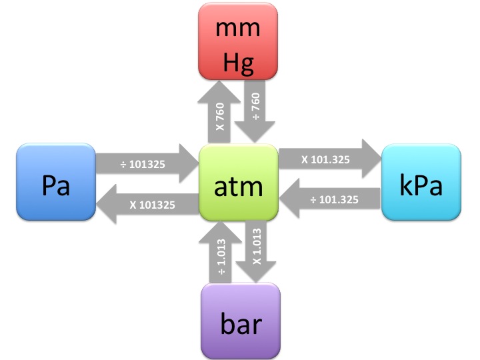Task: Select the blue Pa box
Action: [55, 181]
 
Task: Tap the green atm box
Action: [239, 181]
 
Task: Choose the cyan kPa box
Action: [421, 181]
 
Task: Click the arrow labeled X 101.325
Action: [327, 159]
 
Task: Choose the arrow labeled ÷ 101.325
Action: [333, 199]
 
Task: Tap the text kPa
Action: [421, 186]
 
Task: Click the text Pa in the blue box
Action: [56, 186]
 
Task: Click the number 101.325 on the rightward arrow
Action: [333, 159]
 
